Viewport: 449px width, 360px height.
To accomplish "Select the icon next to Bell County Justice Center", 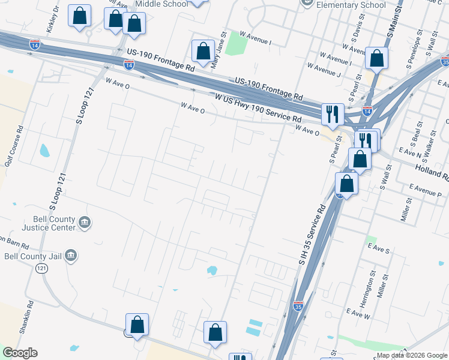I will [85, 224].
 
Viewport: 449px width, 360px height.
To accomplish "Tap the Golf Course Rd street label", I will [13, 146].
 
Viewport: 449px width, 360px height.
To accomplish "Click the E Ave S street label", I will [379, 247].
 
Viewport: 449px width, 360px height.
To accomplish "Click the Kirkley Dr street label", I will [52, 20].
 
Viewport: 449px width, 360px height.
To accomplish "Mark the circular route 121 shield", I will [41, 268].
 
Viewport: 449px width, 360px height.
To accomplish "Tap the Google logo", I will [20, 353].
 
